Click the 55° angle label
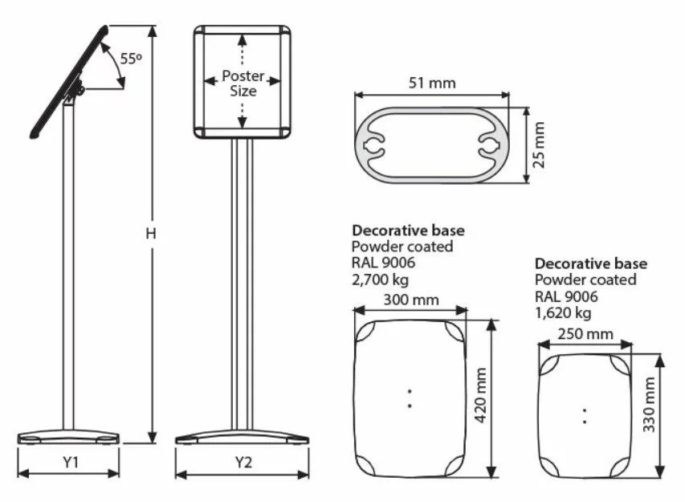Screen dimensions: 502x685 coord(131,59)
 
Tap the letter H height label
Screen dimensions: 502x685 coord(150,234)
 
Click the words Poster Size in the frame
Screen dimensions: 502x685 coord(243,84)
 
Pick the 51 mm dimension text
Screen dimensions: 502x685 coord(431,83)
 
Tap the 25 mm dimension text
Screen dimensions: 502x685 coord(539,145)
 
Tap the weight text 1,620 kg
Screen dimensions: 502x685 coord(563,312)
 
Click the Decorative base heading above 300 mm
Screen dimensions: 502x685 coord(408,231)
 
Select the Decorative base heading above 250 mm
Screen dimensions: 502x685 coord(591,263)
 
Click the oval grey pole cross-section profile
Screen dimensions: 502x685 coord(431,145)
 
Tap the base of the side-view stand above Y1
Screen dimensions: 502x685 coord(68,437)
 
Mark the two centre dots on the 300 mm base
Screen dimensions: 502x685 coord(409,398)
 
